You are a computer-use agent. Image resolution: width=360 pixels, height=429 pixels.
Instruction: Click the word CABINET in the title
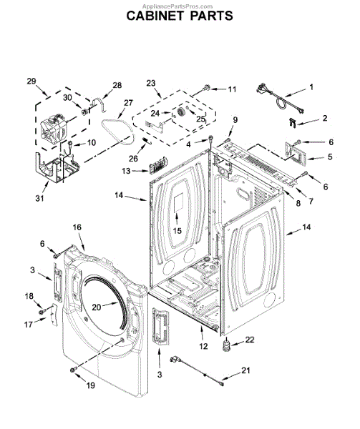coord(156,16)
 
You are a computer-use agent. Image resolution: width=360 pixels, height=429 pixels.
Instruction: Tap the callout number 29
coord(31,82)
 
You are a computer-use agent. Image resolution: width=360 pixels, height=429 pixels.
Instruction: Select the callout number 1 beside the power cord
coord(311,87)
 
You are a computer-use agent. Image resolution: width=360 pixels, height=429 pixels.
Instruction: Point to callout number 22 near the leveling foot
coord(250,340)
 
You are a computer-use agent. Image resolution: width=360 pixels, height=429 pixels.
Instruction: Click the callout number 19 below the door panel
coord(91,385)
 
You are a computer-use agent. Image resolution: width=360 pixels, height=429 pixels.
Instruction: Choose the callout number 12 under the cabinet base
coord(203,346)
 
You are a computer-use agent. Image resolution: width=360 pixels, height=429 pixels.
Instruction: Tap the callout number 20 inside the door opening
coord(97,307)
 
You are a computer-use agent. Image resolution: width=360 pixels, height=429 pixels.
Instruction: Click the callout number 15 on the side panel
coord(177,231)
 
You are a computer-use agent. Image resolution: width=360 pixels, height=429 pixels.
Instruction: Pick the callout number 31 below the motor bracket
coord(39,198)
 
